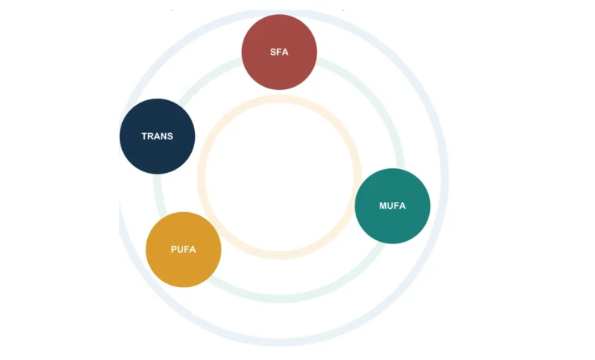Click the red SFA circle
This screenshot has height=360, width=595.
coord(279,52)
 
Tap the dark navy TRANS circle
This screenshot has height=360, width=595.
coord(157,136)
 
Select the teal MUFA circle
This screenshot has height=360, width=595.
coord(392,206)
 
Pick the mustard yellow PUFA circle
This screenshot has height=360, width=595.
coord(183,249)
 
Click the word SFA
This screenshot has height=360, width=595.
coord(279,52)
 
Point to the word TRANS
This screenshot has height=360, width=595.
coord(157,136)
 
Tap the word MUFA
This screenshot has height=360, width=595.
coord(392,206)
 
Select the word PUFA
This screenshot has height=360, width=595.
coord(183,249)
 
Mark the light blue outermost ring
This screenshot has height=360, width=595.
coord(279,342)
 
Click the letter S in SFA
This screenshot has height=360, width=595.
coord(272,52)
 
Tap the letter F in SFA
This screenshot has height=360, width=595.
coord(279,52)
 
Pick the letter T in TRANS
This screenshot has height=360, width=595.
coord(144,136)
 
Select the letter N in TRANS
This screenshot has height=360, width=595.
coord(164,136)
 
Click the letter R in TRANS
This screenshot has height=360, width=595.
coord(150,136)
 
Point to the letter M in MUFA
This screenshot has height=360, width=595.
coord(383,206)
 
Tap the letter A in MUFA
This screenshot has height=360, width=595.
coord(402,206)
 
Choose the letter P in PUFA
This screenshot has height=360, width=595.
coord(174,249)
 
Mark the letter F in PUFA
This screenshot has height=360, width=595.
coord(186,249)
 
